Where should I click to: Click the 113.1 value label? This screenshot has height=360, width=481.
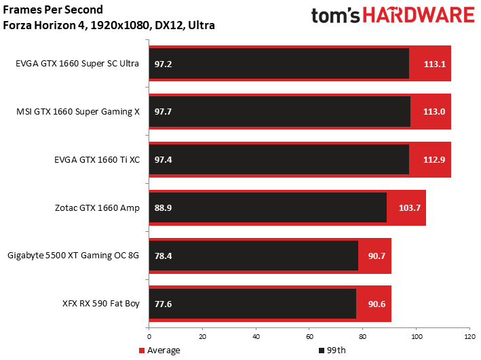pyautogui.click(x=435, y=64)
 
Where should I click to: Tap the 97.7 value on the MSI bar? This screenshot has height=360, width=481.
pyautogui.click(x=163, y=112)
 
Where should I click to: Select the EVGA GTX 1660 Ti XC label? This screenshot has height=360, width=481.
pyautogui.click(x=97, y=160)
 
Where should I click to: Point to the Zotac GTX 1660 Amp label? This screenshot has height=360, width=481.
pyautogui.click(x=97, y=208)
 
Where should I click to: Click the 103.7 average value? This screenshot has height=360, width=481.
pyautogui.click(x=410, y=208)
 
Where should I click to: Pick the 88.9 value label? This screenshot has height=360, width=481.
pyautogui.click(x=163, y=208)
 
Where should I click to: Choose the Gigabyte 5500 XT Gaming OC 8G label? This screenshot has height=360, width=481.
pyautogui.click(x=73, y=256)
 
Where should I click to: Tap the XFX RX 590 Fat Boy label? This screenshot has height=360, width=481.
pyautogui.click(x=101, y=304)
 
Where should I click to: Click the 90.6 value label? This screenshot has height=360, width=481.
pyautogui.click(x=377, y=304)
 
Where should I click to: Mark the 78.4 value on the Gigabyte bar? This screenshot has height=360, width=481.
pyautogui.click(x=163, y=256)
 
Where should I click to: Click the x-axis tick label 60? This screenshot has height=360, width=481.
pyautogui.click(x=309, y=337)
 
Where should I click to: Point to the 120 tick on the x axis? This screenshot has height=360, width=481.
pyautogui.click(x=469, y=337)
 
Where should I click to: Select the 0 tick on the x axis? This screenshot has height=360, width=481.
pyautogui.click(x=149, y=337)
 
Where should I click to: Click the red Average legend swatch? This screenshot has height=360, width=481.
pyautogui.click(x=142, y=351)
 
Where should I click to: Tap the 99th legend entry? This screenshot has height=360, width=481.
pyautogui.click(x=332, y=351)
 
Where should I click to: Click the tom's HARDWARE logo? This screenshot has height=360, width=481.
pyautogui.click(x=393, y=16)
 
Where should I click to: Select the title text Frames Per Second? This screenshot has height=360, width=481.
pyautogui.click(x=53, y=9)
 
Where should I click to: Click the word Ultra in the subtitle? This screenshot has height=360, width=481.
pyautogui.click(x=201, y=25)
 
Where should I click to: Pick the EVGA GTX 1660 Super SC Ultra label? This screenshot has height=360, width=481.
pyautogui.click(x=77, y=64)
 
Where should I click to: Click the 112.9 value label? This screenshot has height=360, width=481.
pyautogui.click(x=434, y=160)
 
